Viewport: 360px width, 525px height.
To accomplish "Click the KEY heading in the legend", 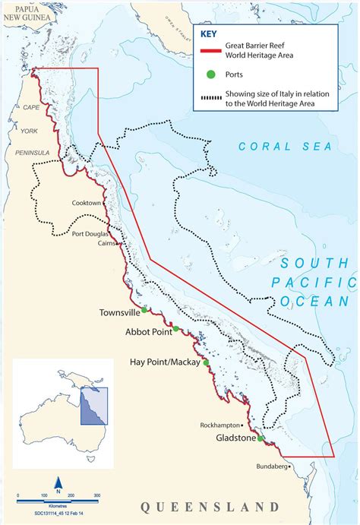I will (x=210, y=33).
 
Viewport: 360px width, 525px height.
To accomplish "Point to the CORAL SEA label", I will (x=284, y=146).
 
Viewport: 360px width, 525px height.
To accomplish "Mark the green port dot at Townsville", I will (x=144, y=310).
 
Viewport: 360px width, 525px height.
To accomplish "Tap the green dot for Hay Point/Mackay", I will (x=206, y=363).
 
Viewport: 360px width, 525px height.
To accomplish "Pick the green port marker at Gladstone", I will (x=261, y=438).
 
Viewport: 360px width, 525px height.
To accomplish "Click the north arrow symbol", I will (x=58, y=482).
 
